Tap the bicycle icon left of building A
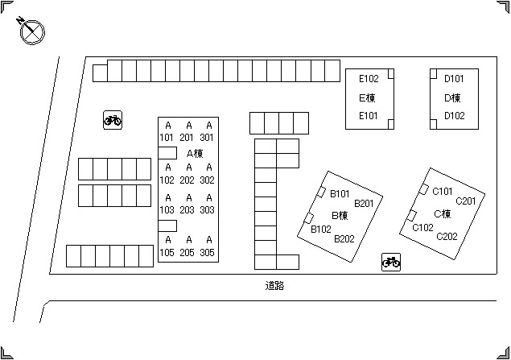point(113,120)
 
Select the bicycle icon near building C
point(391,262)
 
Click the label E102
point(369,79)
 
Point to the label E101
point(369,116)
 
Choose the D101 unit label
point(455,79)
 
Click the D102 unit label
point(455,116)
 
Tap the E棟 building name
point(369,97)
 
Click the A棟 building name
point(194,153)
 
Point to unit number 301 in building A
point(208,137)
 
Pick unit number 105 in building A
point(167,252)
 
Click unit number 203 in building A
point(187,210)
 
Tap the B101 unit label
point(340,193)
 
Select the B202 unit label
point(344,238)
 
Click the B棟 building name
point(340,216)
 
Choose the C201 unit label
point(466,201)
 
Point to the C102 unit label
point(422,228)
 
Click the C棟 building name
point(443,214)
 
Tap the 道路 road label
point(274,286)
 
